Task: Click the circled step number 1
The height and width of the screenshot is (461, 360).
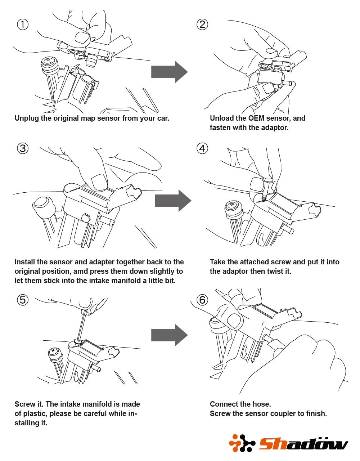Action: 23,24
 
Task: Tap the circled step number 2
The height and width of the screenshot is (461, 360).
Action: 202,24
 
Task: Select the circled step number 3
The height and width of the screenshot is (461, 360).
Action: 23,148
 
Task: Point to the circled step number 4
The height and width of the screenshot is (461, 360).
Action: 202,148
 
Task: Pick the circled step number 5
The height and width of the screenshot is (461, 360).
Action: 23,300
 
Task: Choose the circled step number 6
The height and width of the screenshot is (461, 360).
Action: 202,300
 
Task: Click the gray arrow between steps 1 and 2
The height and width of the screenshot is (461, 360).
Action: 169,72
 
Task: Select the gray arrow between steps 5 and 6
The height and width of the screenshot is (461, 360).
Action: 169,335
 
